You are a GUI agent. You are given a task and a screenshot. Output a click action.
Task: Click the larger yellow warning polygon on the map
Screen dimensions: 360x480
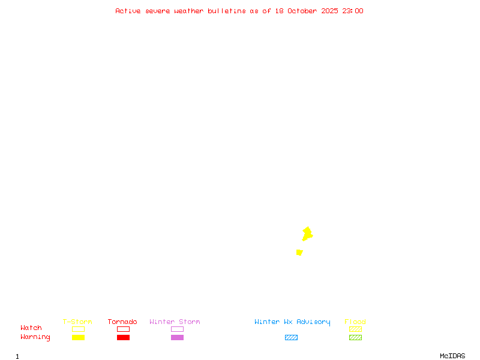pyautogui.click(x=307, y=233)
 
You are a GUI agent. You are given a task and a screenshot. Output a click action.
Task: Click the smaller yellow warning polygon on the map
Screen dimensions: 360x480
pyautogui.click(x=299, y=253)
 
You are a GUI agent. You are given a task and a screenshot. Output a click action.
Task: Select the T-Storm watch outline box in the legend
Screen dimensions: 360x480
pyautogui.click(x=78, y=329)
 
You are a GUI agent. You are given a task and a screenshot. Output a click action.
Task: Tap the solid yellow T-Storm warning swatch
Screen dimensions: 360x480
pyautogui.click(x=78, y=337)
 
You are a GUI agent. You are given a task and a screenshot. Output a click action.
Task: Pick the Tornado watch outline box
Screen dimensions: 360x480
pyautogui.click(x=123, y=329)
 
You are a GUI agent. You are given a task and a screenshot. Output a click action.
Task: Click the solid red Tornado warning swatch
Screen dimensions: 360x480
pyautogui.click(x=123, y=337)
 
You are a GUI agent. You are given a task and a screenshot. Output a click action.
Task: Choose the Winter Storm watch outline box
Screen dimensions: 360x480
pyautogui.click(x=177, y=329)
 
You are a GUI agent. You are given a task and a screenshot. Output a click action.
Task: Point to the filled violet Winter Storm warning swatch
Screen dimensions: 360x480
pyautogui.click(x=177, y=337)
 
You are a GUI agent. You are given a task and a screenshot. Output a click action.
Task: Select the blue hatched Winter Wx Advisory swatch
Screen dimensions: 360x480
pyautogui.click(x=291, y=337)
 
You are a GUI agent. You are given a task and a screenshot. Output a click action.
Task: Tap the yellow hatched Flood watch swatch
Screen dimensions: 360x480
pyautogui.click(x=355, y=329)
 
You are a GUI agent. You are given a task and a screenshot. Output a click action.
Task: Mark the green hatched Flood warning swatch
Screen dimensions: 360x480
pyautogui.click(x=355, y=337)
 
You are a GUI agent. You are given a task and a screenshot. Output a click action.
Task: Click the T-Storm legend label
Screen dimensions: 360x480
pyautogui.click(x=77, y=322)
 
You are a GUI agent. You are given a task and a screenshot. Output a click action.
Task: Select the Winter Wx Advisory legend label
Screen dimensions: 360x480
pyautogui.click(x=292, y=322)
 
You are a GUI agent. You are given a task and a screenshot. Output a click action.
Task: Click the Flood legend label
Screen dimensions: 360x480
pyautogui.click(x=355, y=322)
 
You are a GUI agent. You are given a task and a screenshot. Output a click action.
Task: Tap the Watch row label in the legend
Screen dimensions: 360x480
pyautogui.click(x=31, y=328)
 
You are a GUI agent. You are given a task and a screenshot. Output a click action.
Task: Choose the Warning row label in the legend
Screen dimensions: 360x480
pyautogui.click(x=35, y=337)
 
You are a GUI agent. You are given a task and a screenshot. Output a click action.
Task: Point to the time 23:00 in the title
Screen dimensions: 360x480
pyautogui.click(x=353, y=11)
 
